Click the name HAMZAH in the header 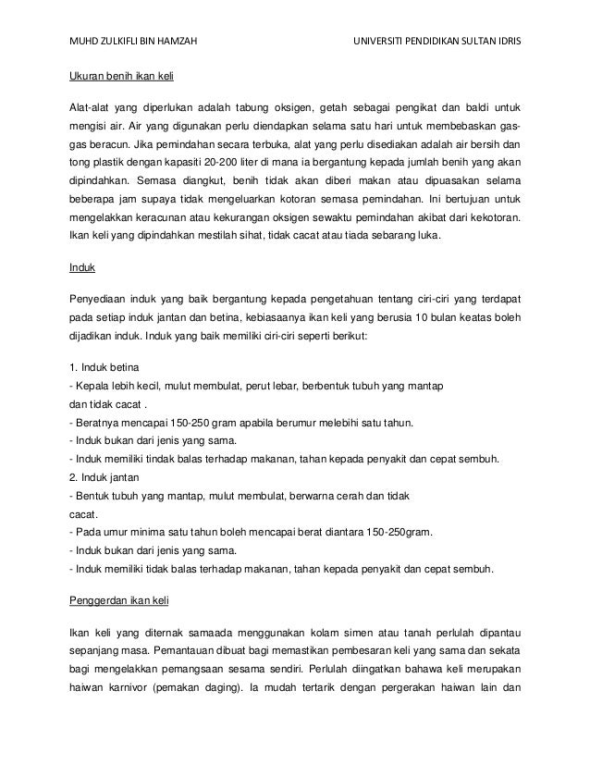tap(170, 42)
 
